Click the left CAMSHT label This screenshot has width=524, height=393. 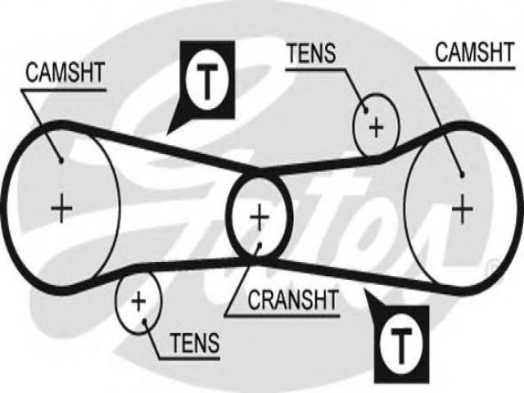(x=65, y=73)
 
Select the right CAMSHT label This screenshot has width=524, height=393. (x=475, y=52)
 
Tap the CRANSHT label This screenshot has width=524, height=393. (x=293, y=300)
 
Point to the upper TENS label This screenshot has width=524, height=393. (x=312, y=53)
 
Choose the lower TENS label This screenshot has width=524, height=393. (x=195, y=343)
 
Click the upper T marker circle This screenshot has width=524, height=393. (x=207, y=80)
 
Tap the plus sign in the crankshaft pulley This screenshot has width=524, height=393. (x=260, y=218)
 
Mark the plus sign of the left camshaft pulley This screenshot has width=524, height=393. (x=61, y=209)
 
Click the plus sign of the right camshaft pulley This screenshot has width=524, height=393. (x=462, y=210)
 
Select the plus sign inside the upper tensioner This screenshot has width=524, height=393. (x=377, y=128)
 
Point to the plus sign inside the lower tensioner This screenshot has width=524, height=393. (x=138, y=302)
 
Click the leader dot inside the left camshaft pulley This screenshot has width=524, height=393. (x=61, y=161)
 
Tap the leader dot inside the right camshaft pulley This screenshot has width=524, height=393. (x=462, y=174)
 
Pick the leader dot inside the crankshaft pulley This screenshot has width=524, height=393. (x=260, y=245)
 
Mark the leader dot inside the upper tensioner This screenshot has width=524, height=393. (x=366, y=111)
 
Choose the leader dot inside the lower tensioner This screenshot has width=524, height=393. (x=145, y=322)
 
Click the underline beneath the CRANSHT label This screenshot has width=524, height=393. (x=282, y=316)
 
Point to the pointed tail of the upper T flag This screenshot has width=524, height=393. (x=167, y=134)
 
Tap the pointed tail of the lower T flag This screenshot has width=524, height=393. (x=365, y=289)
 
